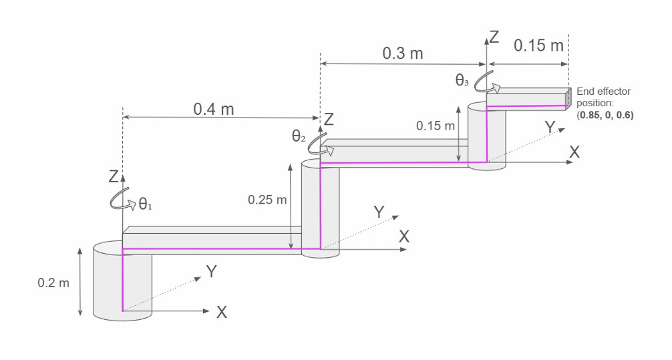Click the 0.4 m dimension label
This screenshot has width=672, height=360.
click(x=213, y=109)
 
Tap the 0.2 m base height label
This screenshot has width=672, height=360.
click(x=53, y=283)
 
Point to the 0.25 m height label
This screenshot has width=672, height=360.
click(x=267, y=199)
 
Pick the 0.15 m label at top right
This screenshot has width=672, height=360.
click(x=538, y=46)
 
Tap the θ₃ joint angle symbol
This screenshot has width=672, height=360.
click(x=462, y=80)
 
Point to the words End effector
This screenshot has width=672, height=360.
click(x=603, y=92)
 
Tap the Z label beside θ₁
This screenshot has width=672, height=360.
click(x=113, y=178)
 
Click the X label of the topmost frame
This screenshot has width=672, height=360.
click(x=574, y=152)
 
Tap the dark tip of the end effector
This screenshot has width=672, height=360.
click(x=569, y=99)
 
